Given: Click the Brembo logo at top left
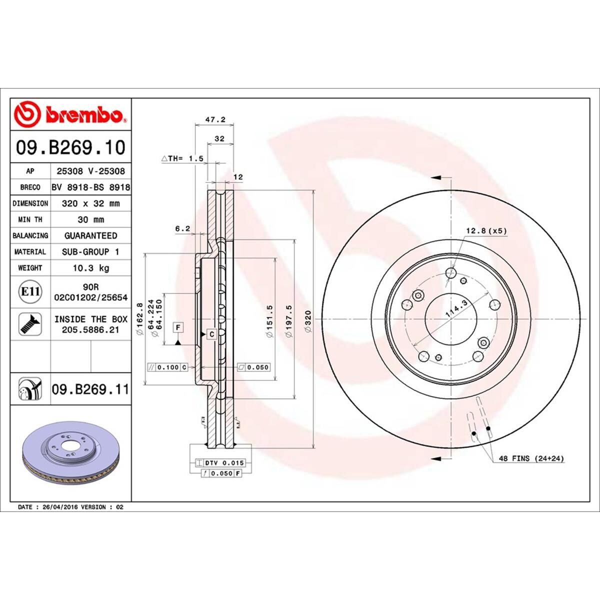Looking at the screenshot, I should pyautogui.click(x=70, y=114).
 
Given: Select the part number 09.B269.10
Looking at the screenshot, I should pyautogui.click(x=70, y=147).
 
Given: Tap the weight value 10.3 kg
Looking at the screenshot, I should pyautogui.click(x=90, y=268).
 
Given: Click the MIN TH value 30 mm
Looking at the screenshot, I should pyautogui.click(x=90, y=219).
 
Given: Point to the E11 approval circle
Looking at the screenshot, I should pyautogui.click(x=30, y=291).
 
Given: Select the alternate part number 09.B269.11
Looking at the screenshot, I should pyautogui.click(x=90, y=388).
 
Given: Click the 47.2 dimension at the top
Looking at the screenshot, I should pyautogui.click(x=216, y=120).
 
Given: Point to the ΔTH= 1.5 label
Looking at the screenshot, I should pyautogui.click(x=182, y=158).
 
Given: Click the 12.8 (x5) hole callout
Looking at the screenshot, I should pyautogui.click(x=486, y=230).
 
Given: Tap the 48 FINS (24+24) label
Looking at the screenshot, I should pyautogui.click(x=531, y=458).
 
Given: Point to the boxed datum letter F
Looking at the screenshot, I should pyautogui.click(x=177, y=327).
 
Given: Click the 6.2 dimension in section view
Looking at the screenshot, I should pyautogui.click(x=182, y=228).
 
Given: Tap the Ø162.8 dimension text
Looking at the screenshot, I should pyautogui.click(x=140, y=319).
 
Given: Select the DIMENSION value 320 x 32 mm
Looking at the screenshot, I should pyautogui.click(x=90, y=203).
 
